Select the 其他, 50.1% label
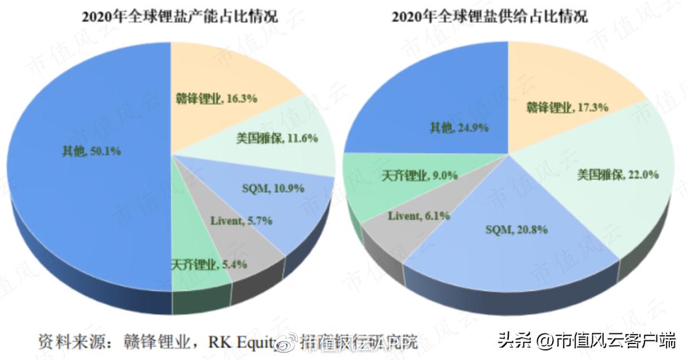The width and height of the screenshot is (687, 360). (92, 151)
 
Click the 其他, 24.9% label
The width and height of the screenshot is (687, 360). (459, 128)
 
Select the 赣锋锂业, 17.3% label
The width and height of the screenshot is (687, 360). (567, 107)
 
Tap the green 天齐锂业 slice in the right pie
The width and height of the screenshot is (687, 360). (369, 184)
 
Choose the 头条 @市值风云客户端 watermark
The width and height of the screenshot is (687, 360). (587, 340)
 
